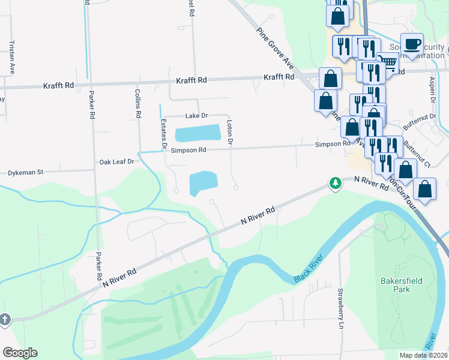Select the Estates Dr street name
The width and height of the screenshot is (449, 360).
[163, 133]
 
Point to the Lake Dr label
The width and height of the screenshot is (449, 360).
[196, 115]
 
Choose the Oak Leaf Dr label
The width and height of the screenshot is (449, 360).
[116, 162]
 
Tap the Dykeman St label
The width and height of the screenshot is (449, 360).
[26, 172]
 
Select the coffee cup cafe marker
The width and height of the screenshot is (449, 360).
[412, 44]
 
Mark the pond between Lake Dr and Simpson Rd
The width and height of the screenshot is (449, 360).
[197, 131]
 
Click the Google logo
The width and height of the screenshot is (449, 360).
[20, 353]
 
